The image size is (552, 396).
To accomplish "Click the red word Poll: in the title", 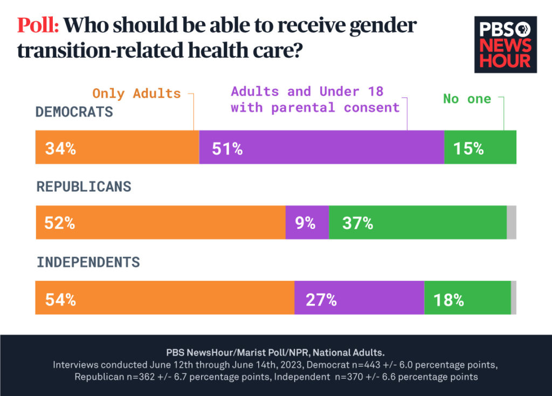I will coord(38,26).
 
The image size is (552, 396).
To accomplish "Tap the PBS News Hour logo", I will coord(505,45).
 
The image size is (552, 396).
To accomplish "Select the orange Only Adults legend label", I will coord(136,93).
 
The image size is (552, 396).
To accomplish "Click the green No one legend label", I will coord(467,99).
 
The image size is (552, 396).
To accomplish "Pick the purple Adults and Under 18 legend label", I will coord(315,99).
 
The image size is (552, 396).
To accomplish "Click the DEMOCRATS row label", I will coord(74,112).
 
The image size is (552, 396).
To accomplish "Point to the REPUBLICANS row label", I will coord(84,186).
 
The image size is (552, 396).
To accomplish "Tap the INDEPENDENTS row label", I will coord(88,262).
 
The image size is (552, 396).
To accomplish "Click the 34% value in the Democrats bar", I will coord(60,149).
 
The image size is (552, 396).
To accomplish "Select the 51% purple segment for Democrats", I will coord(321,147).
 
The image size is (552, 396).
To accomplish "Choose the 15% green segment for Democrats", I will coord(480,147).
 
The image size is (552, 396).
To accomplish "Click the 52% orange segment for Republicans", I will coord(160,222).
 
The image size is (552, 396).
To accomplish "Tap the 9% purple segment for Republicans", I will coord(307,222).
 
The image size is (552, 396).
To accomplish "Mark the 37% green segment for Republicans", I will coord(417,222).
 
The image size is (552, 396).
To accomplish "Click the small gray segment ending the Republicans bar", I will coord(512,222).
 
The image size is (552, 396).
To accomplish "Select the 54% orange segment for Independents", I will coord(164,297).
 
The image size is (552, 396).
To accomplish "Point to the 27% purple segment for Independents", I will coord(359,297).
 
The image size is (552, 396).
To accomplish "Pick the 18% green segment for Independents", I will coord(467,297).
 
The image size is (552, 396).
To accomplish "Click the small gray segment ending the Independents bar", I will coord(513,297).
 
